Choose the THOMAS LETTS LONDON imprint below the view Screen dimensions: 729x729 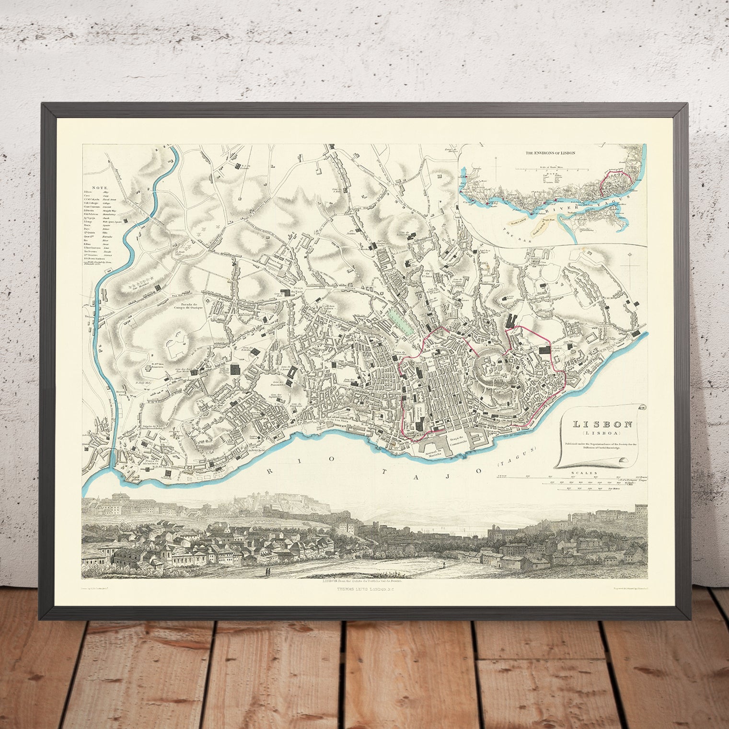[x=365, y=585]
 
